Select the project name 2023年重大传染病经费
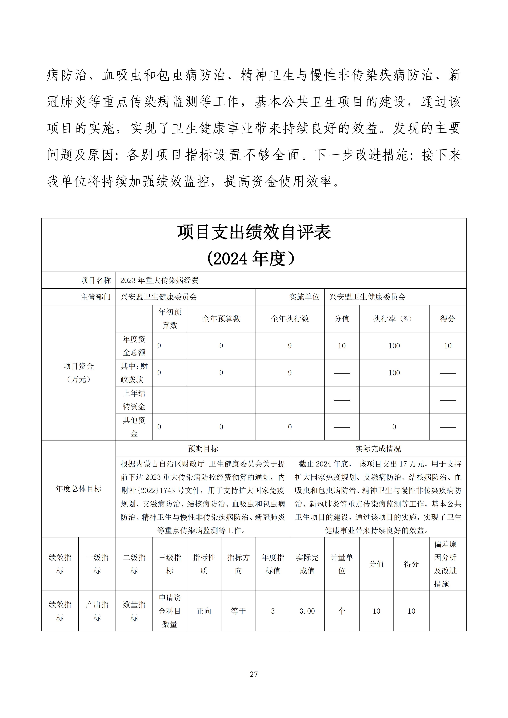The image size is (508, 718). click(160, 280)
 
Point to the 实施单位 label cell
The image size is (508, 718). click(304, 297)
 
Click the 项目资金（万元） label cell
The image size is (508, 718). click(79, 372)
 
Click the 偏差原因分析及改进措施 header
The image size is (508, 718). click(445, 564)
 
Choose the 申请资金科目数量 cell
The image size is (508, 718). click(170, 611)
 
